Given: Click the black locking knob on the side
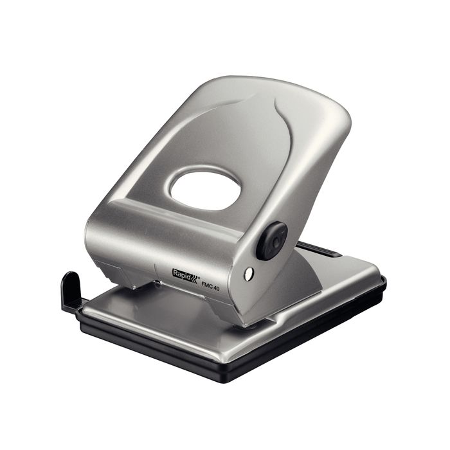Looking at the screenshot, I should pyautogui.click(x=272, y=240).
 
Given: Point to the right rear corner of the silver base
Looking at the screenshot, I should pyautogui.click(x=376, y=273).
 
